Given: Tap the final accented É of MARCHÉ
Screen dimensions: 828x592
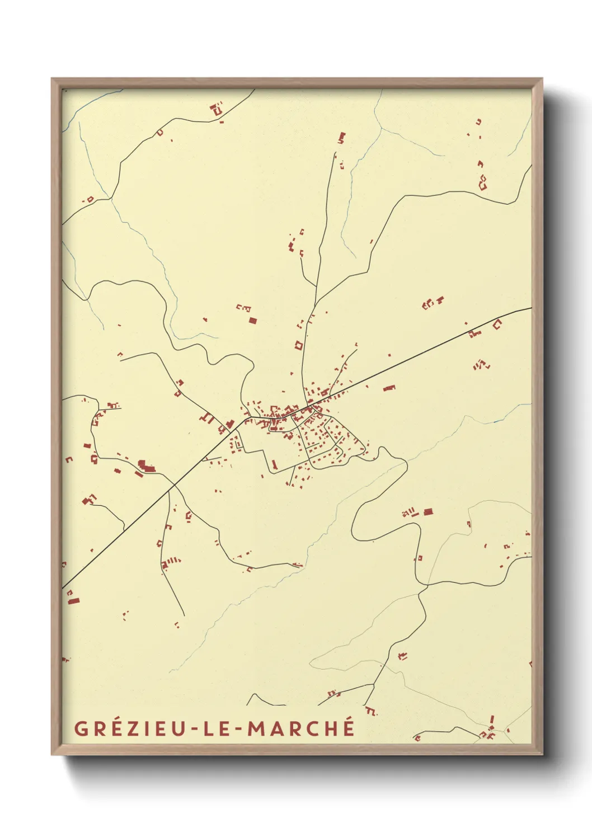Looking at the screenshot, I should click(x=347, y=727).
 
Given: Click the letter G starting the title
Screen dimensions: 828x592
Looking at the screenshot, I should click(x=81, y=729).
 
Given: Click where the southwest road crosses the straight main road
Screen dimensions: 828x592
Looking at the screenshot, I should click(x=174, y=484).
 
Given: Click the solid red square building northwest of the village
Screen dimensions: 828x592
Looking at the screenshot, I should click(x=252, y=321).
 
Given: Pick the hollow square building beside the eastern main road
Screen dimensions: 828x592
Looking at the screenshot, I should click(x=497, y=323).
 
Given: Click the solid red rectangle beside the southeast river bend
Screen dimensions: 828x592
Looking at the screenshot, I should click(x=428, y=511).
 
